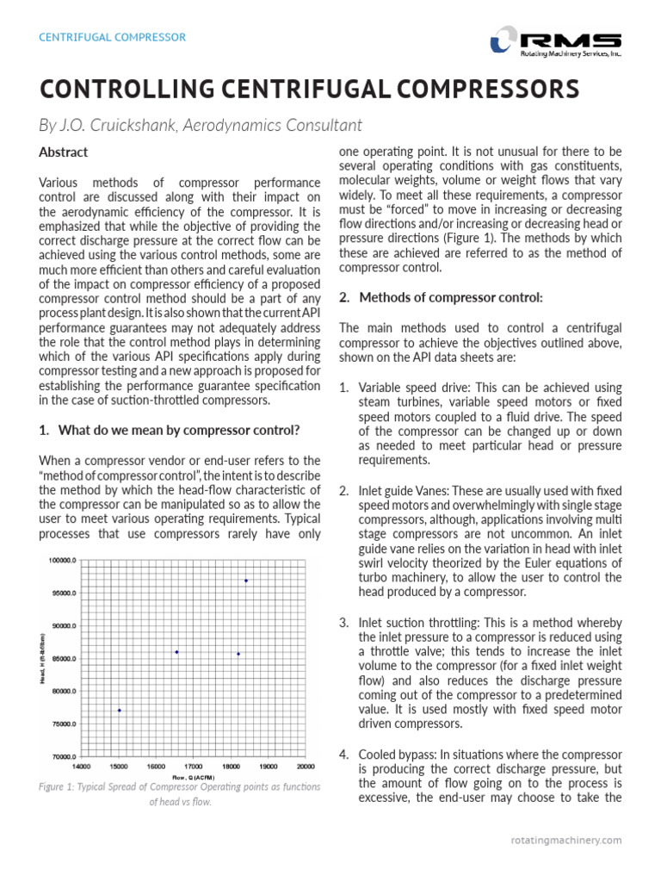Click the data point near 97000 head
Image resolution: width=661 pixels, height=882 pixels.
tap(246, 581)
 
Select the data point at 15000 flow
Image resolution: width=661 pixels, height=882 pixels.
tap(120, 710)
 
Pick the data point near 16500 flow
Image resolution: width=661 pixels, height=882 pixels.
tap(176, 652)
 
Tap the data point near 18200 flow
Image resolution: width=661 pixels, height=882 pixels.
tap(238, 654)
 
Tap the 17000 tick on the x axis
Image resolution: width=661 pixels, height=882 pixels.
tap(194, 767)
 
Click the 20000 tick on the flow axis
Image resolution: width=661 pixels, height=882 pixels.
tap(306, 767)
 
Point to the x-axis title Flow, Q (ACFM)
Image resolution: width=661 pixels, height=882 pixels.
tap(193, 776)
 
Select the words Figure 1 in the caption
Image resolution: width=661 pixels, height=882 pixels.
tap(59, 787)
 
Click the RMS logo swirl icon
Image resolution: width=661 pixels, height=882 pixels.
tap(503, 41)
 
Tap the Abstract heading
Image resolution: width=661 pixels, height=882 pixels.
tap(63, 152)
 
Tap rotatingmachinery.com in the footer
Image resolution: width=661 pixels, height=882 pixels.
tap(565, 840)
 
